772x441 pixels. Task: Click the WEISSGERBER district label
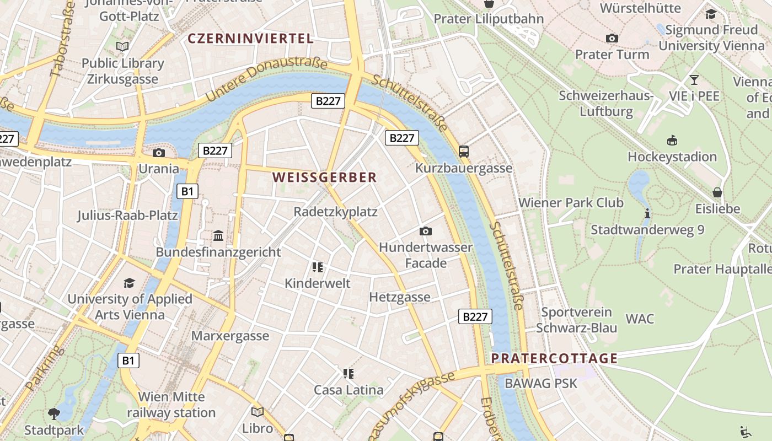(324, 178)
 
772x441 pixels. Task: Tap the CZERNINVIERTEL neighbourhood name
(250, 39)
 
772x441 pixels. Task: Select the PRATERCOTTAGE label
(554, 358)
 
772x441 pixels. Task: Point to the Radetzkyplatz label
(335, 212)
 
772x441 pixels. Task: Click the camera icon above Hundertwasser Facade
(425, 231)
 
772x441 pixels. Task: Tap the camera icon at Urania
(159, 153)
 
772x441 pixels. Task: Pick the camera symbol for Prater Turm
(612, 39)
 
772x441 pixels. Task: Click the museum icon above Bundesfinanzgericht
(218, 236)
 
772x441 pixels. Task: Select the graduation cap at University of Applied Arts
(129, 283)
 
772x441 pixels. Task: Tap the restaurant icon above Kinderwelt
(317, 267)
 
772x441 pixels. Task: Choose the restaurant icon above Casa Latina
(348, 374)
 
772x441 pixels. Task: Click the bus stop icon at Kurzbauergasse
(463, 151)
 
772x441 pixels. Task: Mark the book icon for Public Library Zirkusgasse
(122, 47)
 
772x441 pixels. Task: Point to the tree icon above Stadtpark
(54, 413)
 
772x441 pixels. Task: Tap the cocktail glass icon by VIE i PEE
(694, 80)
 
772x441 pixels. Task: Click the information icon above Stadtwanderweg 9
(647, 213)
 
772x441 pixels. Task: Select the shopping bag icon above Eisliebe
(717, 192)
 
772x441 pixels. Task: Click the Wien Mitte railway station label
(171, 405)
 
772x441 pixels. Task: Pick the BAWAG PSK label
(540, 383)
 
